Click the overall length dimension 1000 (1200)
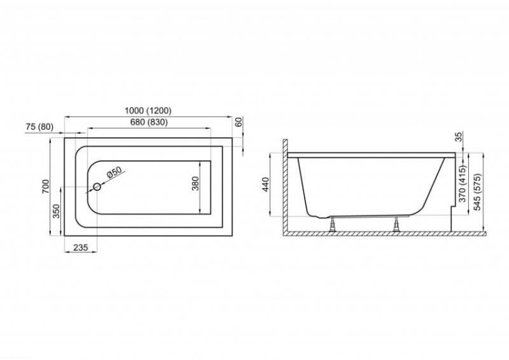tap(148, 111)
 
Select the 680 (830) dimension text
tap(149, 122)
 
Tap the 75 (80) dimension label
tap(39, 127)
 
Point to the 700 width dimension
tap(45, 187)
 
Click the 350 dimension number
tap(56, 211)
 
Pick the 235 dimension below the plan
tap(81, 247)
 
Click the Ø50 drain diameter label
tap(113, 172)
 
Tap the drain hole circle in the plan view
tap(97, 187)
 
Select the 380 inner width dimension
tap(195, 183)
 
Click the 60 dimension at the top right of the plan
tap(239, 122)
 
